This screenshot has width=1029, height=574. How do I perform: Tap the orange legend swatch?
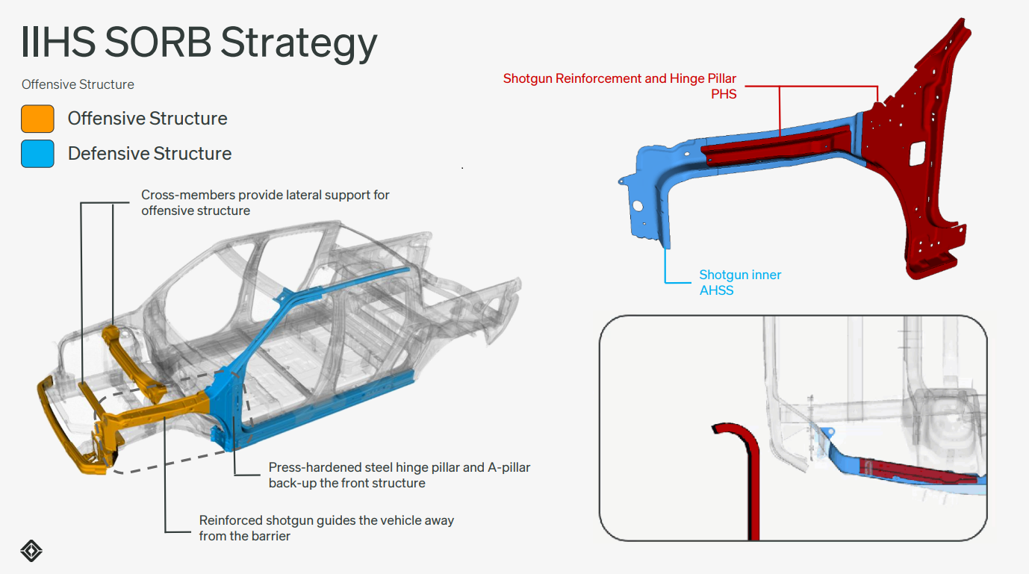point(37,119)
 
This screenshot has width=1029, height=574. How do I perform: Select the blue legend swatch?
point(37,154)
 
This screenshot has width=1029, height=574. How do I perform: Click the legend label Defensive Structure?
point(149,154)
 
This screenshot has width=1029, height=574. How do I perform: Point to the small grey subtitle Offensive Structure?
point(78,84)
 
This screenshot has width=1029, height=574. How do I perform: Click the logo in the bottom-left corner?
point(31,551)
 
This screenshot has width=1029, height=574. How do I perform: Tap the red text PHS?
point(724,94)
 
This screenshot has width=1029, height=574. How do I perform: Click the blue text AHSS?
point(716,290)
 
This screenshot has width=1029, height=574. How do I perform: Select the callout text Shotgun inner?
point(739,275)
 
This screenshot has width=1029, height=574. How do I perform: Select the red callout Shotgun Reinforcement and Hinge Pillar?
point(619,78)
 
